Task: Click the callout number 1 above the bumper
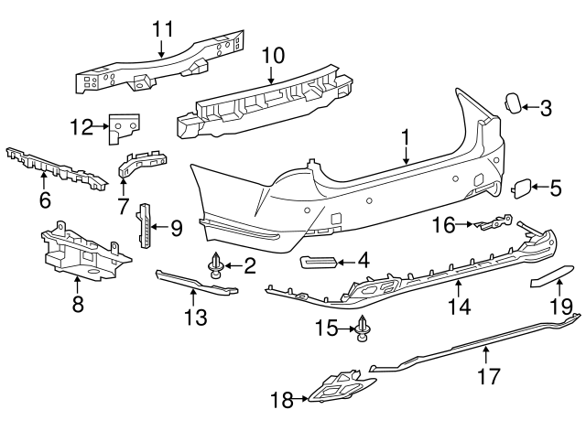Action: click(x=404, y=140)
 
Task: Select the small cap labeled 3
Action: click(x=515, y=103)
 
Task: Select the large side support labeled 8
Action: click(x=80, y=253)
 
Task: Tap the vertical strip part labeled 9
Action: click(x=144, y=226)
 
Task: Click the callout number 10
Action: click(x=273, y=55)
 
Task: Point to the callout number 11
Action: click(x=162, y=27)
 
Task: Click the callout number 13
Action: click(x=194, y=317)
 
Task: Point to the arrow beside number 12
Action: click(x=103, y=129)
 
